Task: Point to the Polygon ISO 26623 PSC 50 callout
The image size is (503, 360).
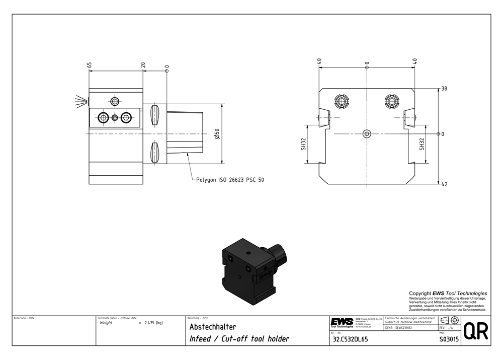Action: (x=230, y=180)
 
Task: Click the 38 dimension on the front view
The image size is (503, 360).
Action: (x=444, y=89)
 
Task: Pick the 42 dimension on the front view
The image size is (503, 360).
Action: (x=444, y=184)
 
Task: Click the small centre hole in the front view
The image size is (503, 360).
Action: (x=367, y=134)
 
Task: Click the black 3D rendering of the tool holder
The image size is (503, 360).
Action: (x=249, y=272)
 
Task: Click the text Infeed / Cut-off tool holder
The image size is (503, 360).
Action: (x=239, y=339)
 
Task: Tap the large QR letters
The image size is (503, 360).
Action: (x=475, y=331)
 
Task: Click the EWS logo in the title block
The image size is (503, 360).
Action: (x=342, y=322)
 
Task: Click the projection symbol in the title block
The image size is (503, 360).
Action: (x=449, y=321)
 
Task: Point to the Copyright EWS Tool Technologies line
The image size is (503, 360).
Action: (x=448, y=293)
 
